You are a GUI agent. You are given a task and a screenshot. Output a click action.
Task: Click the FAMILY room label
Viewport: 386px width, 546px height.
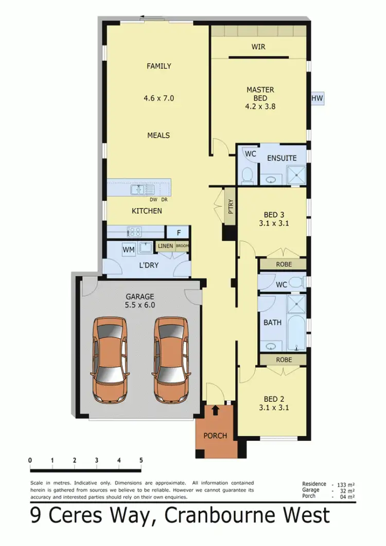tap(159, 66)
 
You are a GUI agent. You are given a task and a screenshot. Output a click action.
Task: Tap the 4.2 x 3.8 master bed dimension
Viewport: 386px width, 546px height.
tap(260, 108)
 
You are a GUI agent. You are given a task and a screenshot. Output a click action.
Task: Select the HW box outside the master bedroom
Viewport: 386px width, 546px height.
tap(317, 98)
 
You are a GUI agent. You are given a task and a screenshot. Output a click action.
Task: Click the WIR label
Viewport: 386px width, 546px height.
tap(258, 47)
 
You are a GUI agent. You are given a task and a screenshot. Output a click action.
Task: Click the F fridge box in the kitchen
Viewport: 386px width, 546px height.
tap(179, 233)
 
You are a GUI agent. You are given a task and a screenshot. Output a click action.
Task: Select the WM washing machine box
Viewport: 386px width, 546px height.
tap(129, 250)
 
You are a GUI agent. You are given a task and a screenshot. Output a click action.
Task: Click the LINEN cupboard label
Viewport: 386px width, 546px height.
tap(165, 246)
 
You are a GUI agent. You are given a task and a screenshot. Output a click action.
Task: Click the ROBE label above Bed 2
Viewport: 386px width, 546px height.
tap(284, 360)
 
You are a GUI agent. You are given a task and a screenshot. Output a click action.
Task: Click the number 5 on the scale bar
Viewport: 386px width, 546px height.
tap(141, 460)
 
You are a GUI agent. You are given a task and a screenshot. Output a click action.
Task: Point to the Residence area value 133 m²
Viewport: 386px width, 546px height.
tap(343, 485)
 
